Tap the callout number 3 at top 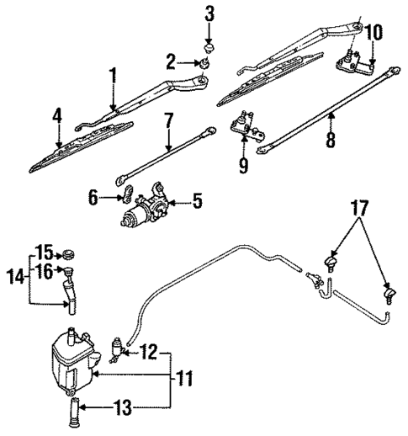tap(209, 13)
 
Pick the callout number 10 tap(374, 33)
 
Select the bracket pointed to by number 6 tap(123, 198)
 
